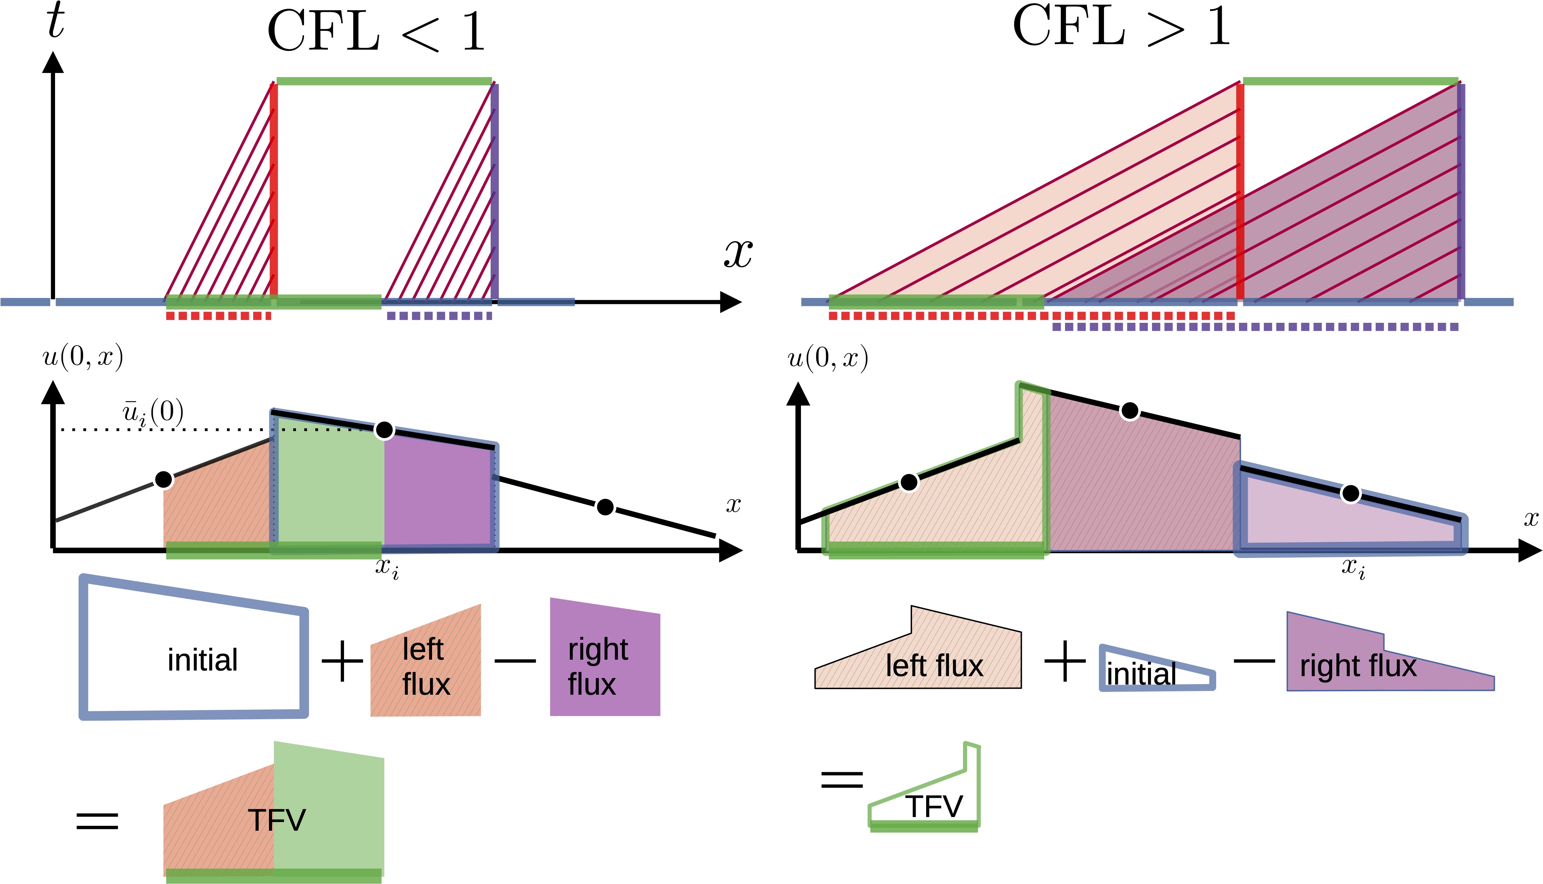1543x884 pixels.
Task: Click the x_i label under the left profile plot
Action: tap(387, 568)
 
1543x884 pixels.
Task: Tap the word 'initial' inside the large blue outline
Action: tap(203, 660)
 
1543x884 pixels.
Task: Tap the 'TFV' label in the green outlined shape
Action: tap(934, 806)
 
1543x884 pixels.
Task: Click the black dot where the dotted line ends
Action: tap(384, 430)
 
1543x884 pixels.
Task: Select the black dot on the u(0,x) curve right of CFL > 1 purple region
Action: tap(1350, 494)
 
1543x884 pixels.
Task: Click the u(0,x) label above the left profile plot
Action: tap(83, 356)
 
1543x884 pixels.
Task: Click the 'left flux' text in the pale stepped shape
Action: tap(934, 665)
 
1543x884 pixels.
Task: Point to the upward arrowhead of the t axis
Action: tap(53, 62)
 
